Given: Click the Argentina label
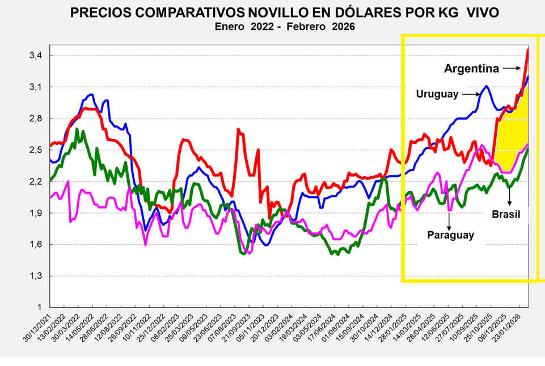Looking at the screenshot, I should tap(472, 69).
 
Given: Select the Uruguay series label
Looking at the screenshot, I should tap(437, 94).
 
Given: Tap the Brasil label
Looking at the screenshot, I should tap(506, 215).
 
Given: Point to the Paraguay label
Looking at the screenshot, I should tap(450, 235).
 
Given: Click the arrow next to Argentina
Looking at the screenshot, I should tap(512, 69).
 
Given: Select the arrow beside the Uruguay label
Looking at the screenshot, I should tap(470, 94).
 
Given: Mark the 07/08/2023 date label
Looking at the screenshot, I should tap(221, 327).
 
